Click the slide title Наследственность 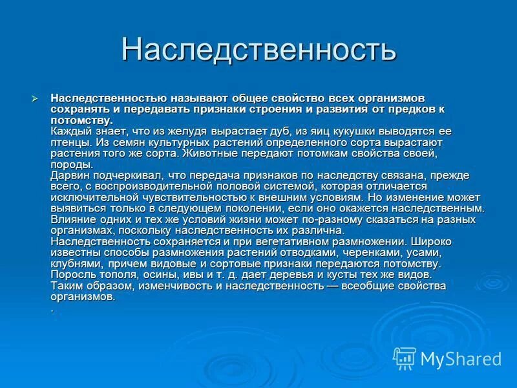click(x=258, y=50)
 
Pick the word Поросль click(x=70, y=274)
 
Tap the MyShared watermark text click(x=460, y=359)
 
